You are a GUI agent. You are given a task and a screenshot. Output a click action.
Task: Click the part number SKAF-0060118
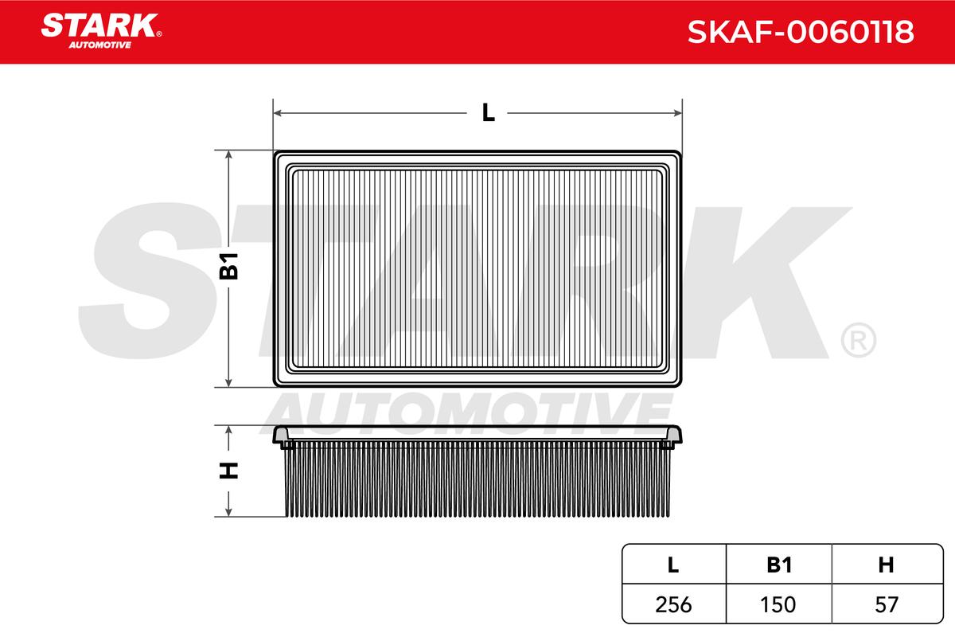pos(801,32)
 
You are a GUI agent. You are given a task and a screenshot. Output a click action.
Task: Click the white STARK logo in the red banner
pos(100,25)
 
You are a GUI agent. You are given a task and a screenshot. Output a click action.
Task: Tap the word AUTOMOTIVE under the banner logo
pos(100,45)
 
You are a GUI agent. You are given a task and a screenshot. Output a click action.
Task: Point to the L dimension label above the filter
pos(488,112)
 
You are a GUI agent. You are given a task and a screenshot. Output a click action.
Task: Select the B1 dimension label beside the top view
pos(228,266)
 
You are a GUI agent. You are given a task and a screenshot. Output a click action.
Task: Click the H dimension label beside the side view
pos(228,470)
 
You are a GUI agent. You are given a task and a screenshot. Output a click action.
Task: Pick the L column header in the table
pos(673,565)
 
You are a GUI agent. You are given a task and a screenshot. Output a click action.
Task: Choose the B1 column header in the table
pos(779,565)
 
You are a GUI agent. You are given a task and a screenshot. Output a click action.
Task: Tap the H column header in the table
pos(886,565)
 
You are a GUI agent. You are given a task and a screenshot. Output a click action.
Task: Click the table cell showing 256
pos(673,604)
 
